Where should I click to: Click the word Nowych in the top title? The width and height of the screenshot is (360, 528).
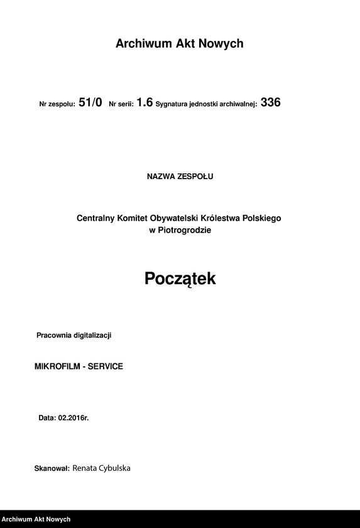[220, 44]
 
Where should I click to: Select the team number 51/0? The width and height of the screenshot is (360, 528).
[90, 102]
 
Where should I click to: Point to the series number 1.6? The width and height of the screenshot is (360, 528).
[145, 102]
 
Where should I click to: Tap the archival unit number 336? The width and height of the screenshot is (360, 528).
[271, 102]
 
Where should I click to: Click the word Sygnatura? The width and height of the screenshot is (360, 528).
[173, 104]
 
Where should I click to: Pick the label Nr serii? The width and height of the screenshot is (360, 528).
[121, 104]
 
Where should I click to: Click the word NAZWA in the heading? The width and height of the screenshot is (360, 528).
[161, 177]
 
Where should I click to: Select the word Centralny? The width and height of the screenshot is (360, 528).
[96, 218]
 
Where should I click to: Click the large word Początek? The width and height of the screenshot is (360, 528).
[180, 278]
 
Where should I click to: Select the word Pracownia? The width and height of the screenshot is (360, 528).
[55, 336]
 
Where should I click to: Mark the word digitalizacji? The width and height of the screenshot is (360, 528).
[93, 336]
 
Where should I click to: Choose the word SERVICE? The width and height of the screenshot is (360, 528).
[106, 366]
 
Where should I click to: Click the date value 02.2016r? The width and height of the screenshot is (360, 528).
[74, 417]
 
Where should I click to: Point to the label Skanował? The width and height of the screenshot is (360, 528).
[52, 469]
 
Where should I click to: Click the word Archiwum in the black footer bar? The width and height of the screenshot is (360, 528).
[19, 520]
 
